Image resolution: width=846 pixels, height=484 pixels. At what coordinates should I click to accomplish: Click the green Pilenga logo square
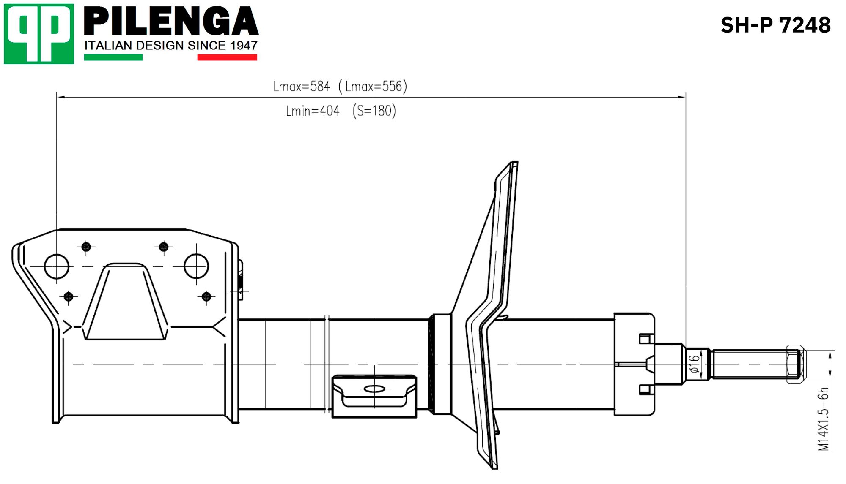click(x=38, y=34)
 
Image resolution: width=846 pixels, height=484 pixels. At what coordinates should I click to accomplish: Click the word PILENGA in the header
click(x=171, y=21)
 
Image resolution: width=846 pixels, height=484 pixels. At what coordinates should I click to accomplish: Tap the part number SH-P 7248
click(x=775, y=25)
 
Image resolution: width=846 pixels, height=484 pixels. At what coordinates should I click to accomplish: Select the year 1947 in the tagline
click(x=244, y=45)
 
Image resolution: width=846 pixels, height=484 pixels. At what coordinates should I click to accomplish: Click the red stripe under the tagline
click(x=227, y=57)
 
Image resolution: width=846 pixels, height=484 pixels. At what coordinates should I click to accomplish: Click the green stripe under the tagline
click(x=113, y=57)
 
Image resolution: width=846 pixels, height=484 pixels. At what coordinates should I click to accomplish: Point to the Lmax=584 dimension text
click(x=301, y=86)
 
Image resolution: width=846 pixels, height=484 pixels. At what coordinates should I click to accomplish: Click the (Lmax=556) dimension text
click(x=373, y=86)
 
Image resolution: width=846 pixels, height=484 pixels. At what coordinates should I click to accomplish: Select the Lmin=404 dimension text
click(x=313, y=111)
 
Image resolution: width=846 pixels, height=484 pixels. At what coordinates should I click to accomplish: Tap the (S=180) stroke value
click(x=374, y=111)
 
